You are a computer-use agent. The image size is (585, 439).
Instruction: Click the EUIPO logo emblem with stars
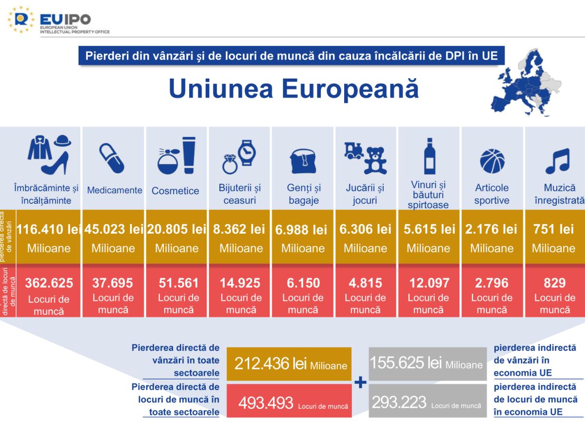click(x=21, y=20)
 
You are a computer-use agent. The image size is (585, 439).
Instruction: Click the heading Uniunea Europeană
click(x=293, y=89)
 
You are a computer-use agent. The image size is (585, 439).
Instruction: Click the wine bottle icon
click(x=429, y=156)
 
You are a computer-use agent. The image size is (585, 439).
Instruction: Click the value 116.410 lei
click(x=48, y=229)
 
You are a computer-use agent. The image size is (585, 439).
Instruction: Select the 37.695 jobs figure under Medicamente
click(x=113, y=283)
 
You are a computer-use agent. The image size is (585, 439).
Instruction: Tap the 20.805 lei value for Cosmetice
click(x=176, y=229)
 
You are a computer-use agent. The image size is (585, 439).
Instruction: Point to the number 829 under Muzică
click(x=555, y=283)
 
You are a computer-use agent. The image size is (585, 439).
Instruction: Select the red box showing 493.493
click(x=290, y=402)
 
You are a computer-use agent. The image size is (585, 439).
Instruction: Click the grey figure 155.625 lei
click(x=426, y=363)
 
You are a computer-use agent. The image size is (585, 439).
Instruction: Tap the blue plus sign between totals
click(x=360, y=382)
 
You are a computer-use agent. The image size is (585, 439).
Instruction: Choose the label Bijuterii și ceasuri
click(x=239, y=194)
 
